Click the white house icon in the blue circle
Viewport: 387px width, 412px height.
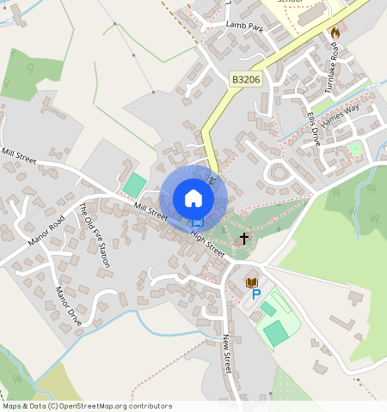point(193,198)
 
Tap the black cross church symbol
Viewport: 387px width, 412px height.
point(243,237)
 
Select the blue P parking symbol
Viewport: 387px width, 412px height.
point(255,294)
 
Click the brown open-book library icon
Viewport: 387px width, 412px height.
point(251,282)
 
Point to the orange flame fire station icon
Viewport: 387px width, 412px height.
point(335,31)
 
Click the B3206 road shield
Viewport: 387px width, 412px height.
point(246,79)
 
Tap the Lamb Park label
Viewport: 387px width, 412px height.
point(244,27)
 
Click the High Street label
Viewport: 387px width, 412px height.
point(207,242)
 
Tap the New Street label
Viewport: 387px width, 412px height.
point(228,352)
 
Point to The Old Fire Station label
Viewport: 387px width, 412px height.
point(94,234)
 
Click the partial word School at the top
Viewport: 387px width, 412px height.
point(290,3)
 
